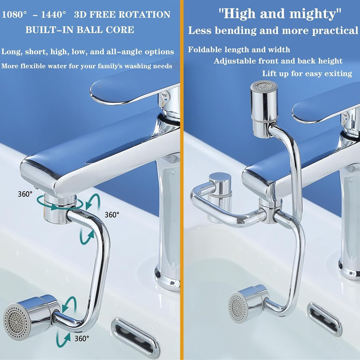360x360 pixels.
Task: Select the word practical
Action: click(x=335, y=31)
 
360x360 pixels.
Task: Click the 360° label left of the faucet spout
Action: click(x=25, y=194)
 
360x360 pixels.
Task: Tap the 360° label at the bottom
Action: click(x=81, y=338)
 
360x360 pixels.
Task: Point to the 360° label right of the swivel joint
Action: click(x=112, y=215)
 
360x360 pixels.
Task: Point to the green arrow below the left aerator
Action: click(x=63, y=339)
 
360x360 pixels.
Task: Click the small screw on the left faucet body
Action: click(x=173, y=172)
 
